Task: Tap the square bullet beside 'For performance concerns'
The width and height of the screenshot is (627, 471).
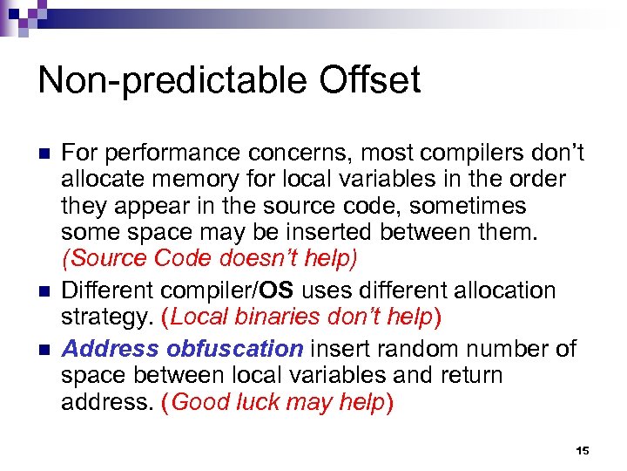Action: (x=44, y=154)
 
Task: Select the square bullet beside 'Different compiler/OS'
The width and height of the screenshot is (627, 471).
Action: (x=44, y=290)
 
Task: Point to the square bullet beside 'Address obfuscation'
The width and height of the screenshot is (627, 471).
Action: (x=44, y=349)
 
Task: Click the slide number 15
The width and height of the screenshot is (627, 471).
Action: (x=583, y=450)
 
